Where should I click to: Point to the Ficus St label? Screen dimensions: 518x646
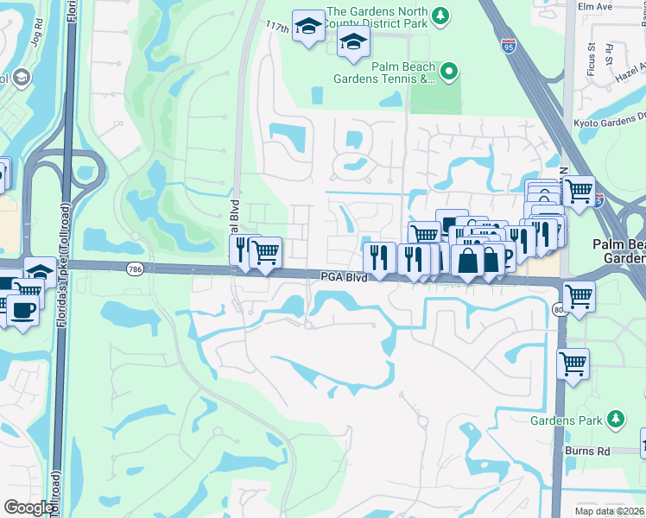point(593,54)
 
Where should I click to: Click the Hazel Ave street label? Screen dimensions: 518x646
point(630,78)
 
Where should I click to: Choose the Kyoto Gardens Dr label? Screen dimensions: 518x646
point(609,123)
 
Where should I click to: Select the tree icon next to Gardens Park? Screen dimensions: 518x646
point(616,420)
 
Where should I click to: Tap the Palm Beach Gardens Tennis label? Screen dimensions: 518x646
point(384,73)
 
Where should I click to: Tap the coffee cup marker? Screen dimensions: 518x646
point(22,310)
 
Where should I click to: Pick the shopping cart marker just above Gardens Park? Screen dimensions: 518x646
point(573,364)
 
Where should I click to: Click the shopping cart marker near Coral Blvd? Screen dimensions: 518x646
point(266,253)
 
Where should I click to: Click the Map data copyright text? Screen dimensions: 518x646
point(610,511)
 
